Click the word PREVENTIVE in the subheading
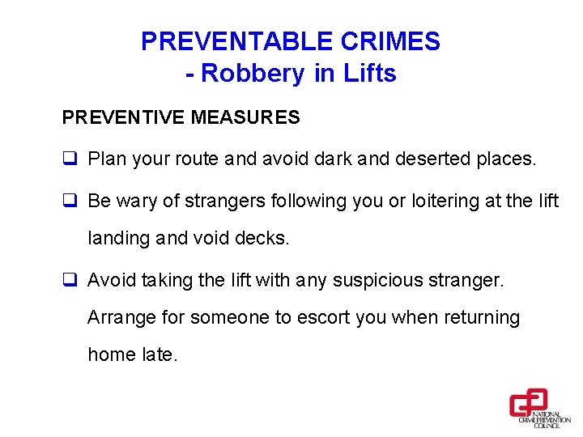[x=124, y=118]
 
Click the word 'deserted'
[x=429, y=159]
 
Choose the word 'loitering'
[x=449, y=201]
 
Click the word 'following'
[x=301, y=201]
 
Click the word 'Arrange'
[x=120, y=318]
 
